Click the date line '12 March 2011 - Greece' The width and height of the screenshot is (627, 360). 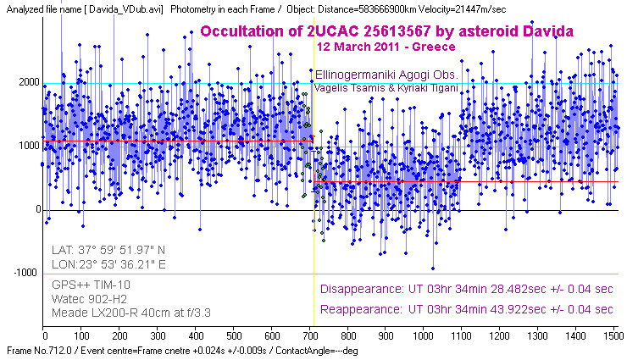click(386, 47)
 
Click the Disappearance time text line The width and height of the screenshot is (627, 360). click(467, 289)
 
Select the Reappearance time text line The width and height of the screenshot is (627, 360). click(467, 309)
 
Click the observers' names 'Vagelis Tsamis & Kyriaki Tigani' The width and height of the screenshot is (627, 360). click(385, 88)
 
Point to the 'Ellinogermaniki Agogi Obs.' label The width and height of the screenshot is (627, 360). click(386, 75)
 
